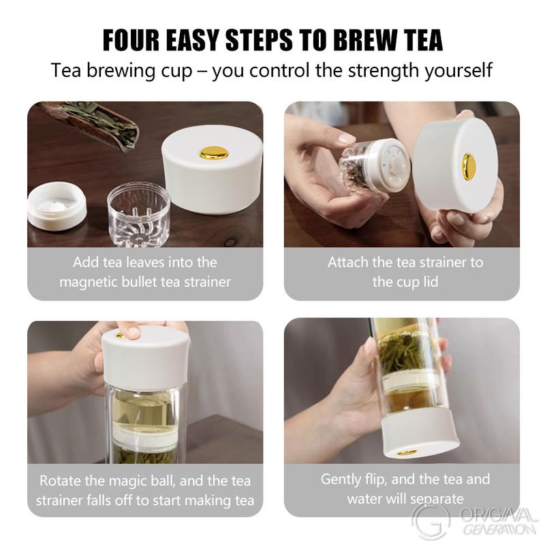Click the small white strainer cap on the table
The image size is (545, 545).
click(x=57, y=205)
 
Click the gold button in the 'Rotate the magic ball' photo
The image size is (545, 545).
click(x=120, y=335)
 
